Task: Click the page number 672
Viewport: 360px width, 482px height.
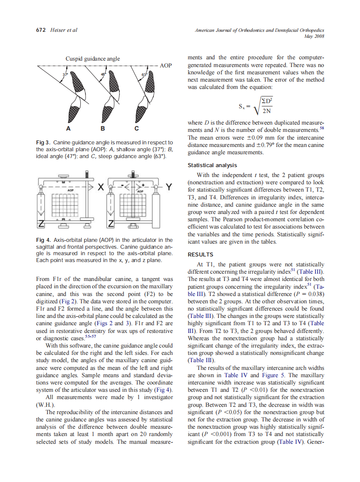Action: (x=40, y=31)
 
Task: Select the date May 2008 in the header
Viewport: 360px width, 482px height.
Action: (x=315, y=36)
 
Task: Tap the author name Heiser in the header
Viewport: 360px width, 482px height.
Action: (x=58, y=31)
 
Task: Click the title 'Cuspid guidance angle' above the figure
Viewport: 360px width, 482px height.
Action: (x=92, y=58)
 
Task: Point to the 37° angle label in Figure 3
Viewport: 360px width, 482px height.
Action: (x=65, y=75)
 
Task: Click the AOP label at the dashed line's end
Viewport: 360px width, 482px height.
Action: (x=166, y=66)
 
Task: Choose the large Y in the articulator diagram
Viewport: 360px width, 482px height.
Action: (x=169, y=187)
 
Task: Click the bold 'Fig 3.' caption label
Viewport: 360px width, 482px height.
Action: (x=44, y=142)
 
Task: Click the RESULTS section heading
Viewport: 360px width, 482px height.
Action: (x=201, y=254)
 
